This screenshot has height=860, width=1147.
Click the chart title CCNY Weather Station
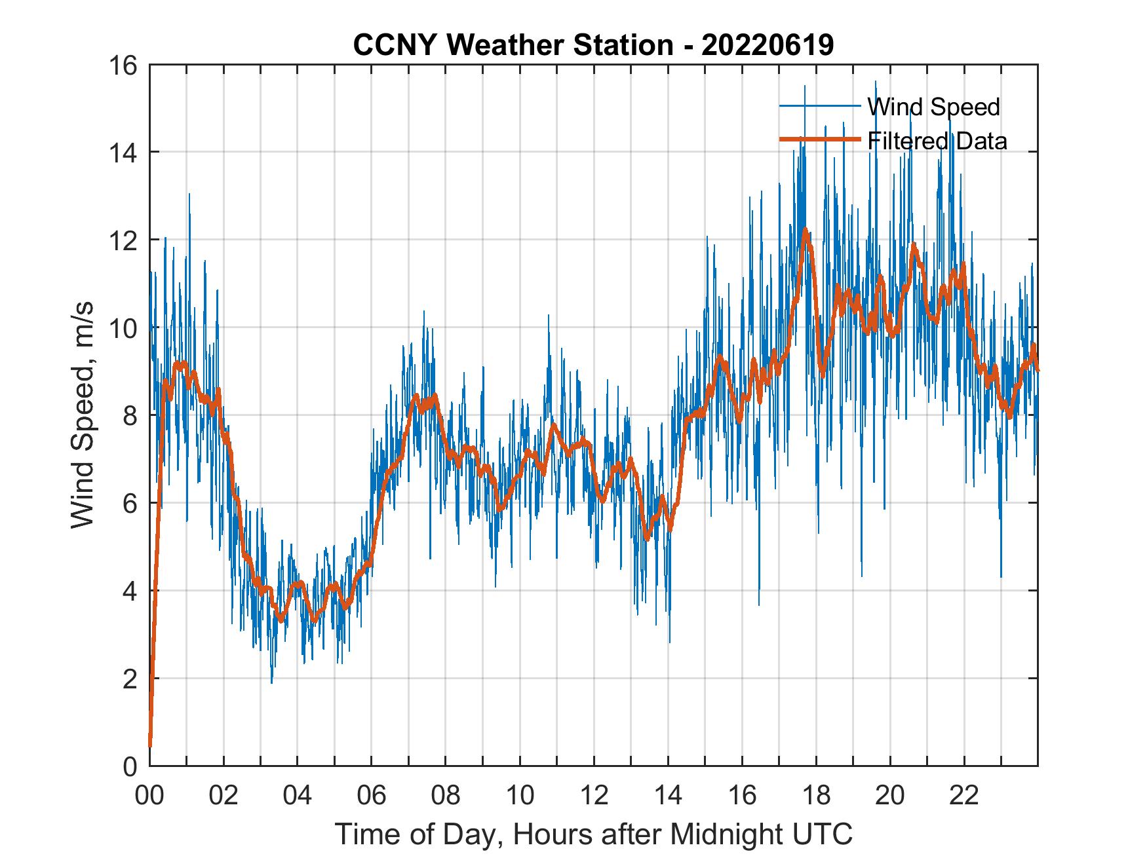[x=513, y=45]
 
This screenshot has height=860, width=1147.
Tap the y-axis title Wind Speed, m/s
[x=83, y=415]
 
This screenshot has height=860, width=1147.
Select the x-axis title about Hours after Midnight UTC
[x=594, y=834]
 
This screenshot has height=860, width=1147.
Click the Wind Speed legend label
[x=933, y=107]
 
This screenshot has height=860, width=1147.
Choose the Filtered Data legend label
[x=937, y=141]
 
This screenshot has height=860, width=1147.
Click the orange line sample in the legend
[x=819, y=140]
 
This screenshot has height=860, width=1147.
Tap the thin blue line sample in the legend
[x=819, y=106]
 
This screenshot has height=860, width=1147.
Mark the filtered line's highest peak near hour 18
[x=805, y=229]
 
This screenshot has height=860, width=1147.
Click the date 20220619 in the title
[x=768, y=45]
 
